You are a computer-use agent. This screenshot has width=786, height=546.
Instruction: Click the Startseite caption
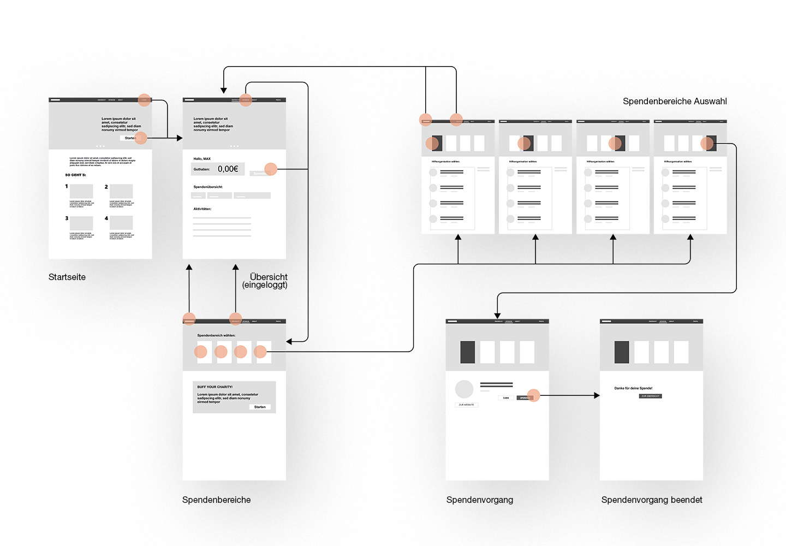67,277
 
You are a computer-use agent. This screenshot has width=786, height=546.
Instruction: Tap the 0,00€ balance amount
228,169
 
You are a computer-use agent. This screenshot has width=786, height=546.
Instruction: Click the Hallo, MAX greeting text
202,159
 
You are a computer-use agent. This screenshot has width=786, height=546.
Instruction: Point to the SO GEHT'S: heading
75,175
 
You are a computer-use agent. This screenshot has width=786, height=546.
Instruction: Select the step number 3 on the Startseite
67,218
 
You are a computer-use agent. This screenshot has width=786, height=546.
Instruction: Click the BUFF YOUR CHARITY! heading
215,387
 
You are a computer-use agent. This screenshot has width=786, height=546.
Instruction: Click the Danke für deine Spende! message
633,388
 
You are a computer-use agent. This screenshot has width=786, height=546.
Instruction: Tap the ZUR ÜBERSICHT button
650,396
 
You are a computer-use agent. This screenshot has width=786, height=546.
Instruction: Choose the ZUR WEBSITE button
466,405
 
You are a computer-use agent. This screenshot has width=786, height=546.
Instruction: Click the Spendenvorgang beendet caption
652,500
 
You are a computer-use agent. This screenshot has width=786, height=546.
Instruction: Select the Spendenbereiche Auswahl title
675,101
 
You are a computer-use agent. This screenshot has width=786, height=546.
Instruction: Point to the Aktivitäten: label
202,209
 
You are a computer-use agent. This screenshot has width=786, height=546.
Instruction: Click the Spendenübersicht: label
208,187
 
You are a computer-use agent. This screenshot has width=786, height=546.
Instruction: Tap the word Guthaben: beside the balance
201,169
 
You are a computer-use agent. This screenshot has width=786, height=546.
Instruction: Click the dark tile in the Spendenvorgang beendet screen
622,352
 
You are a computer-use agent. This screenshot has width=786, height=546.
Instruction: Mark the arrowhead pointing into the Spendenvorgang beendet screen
597,395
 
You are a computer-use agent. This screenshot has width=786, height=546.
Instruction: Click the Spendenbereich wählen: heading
216,335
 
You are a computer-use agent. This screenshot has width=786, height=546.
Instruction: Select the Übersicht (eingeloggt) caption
265,281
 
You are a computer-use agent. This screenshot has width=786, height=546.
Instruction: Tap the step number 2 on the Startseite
106,187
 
